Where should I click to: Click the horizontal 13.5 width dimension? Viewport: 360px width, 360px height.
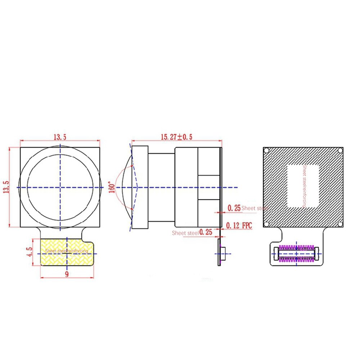pos(60,137)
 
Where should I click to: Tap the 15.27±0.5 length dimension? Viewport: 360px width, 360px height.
pos(176,137)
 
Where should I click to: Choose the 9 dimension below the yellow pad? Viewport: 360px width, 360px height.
pos(67,274)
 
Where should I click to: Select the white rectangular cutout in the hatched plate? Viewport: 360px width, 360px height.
pos(303,186)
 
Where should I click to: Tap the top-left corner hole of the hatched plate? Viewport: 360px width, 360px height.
pos(267,150)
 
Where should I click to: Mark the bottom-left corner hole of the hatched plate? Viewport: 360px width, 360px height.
pos(267,224)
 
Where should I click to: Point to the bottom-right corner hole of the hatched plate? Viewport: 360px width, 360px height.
pos(340,224)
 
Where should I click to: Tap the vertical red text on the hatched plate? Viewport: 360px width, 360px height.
pos(305,186)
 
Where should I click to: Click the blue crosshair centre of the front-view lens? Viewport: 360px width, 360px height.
pos(60,188)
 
